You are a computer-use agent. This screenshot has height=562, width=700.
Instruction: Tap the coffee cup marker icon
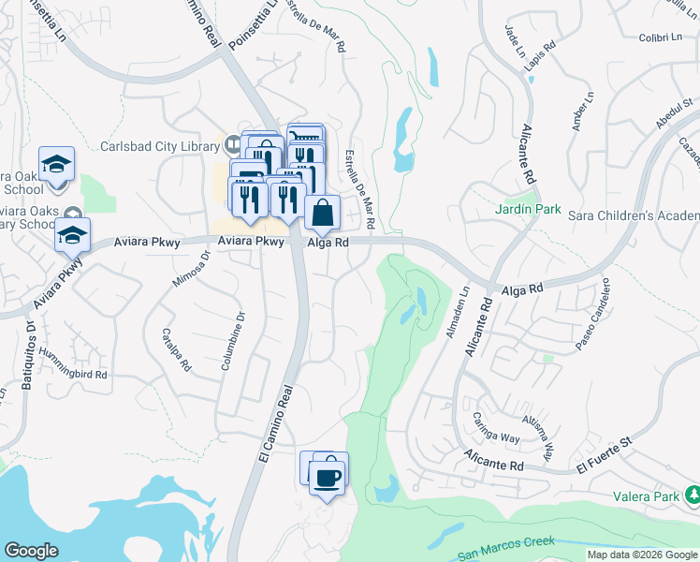327,479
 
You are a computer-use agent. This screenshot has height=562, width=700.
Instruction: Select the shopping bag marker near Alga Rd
322,214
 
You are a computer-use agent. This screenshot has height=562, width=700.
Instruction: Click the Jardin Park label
528,209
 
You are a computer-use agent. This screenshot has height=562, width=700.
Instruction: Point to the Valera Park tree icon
693,494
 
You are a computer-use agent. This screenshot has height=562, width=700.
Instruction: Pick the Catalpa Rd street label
176,350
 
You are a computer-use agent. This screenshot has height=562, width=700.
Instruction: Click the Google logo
32,551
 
